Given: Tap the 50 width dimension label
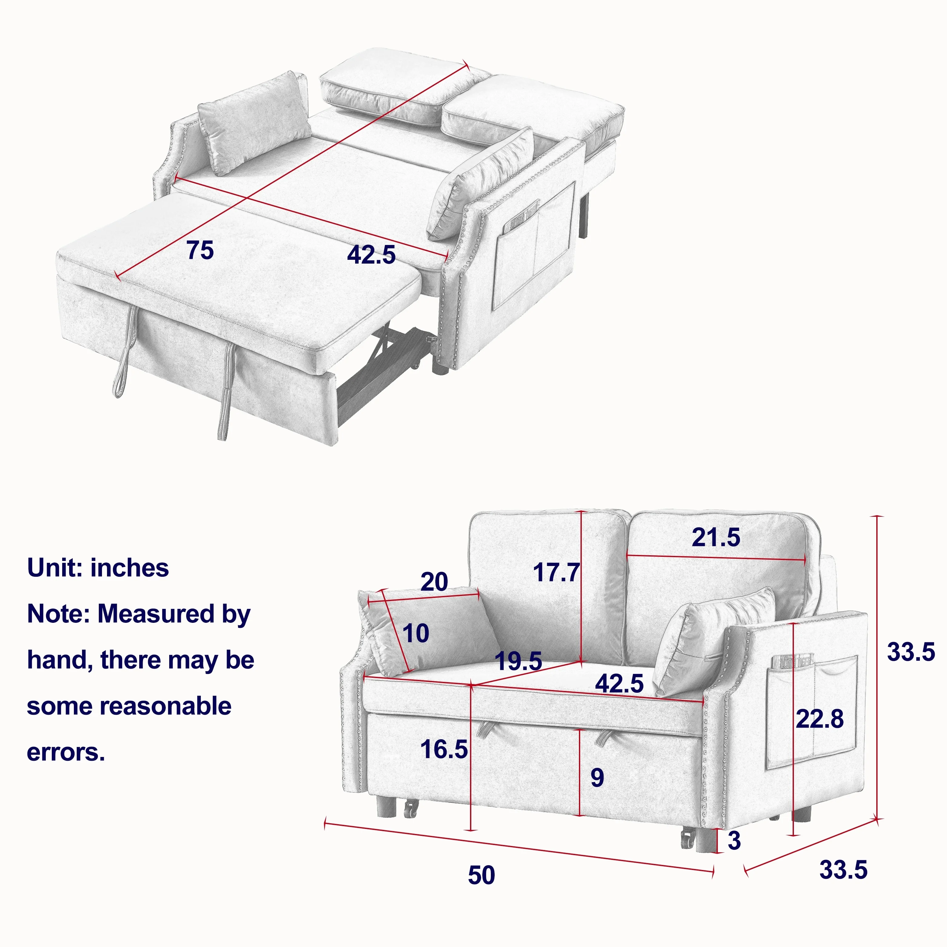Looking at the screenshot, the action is click(x=481, y=875).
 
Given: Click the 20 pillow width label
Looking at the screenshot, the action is click(x=434, y=582).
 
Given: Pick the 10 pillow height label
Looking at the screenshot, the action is click(x=416, y=633).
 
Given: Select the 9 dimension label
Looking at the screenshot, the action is click(x=597, y=777).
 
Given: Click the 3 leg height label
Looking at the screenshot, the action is click(x=734, y=841).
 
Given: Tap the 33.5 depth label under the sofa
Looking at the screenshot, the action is click(x=843, y=870).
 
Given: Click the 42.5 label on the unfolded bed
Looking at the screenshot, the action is click(x=371, y=254).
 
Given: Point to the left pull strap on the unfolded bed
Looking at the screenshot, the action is click(x=123, y=350).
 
